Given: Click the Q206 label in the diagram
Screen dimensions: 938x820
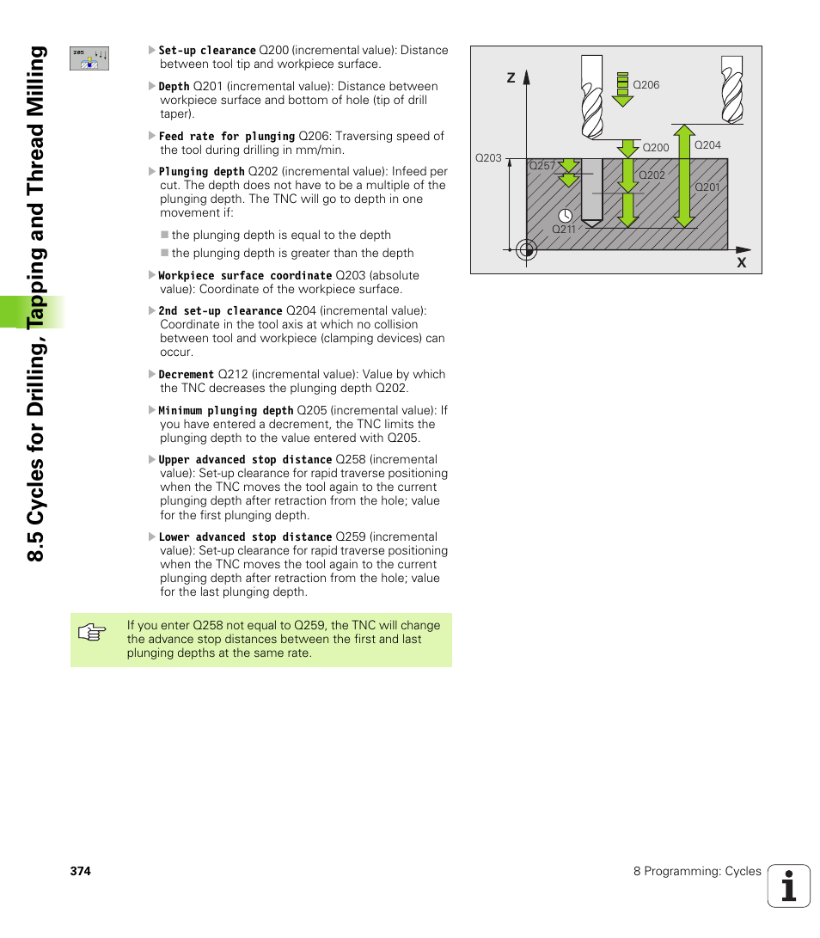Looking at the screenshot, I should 646,85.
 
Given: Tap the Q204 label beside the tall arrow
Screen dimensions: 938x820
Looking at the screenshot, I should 707,145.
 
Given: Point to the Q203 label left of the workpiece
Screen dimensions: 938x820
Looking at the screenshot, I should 488,158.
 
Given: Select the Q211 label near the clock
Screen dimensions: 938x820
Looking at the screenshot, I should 564,230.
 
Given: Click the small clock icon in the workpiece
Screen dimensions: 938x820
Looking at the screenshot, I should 565,216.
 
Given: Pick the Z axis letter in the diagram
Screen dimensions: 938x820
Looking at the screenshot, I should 511,78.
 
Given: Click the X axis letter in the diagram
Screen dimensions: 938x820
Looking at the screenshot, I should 741,262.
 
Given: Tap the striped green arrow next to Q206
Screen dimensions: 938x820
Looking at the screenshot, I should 621,89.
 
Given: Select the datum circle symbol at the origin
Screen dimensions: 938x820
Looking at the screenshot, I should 527,250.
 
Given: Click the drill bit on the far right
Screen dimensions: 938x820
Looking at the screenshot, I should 731,90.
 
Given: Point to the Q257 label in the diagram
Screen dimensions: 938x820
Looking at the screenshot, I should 542,166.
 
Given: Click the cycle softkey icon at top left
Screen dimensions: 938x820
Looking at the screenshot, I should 89,58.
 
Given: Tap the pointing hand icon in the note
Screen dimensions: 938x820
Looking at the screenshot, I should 91,635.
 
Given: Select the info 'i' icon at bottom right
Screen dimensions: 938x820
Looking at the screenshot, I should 789,886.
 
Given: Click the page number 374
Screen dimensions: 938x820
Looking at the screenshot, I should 81,871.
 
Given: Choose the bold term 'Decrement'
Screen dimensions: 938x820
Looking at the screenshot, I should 186,375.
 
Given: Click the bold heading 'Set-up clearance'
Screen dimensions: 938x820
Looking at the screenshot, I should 206,51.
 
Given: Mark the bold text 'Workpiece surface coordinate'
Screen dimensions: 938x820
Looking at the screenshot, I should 244,276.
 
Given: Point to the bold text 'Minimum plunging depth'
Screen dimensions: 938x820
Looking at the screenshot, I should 225,411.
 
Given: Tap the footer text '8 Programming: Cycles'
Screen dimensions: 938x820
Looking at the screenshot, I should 697,871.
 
